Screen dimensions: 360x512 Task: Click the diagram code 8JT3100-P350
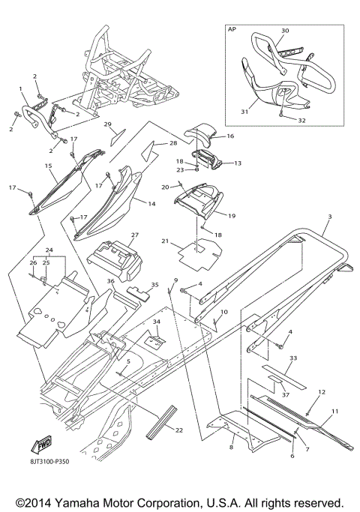coord(48,462)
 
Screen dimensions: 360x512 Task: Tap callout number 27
coord(135,235)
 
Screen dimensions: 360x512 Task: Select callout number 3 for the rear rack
coord(330,217)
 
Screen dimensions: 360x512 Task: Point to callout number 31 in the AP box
coord(244,112)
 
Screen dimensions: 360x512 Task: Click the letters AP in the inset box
coord(232,29)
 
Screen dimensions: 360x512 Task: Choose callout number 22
coord(179,430)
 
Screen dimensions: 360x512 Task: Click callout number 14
coord(151,204)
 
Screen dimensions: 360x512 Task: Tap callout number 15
coord(48,166)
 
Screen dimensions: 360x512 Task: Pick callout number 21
coord(165,241)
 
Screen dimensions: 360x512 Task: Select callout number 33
coord(293,358)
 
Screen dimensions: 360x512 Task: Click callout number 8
coord(231,447)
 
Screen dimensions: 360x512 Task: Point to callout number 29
coord(108,124)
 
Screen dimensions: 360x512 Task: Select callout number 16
coord(230,136)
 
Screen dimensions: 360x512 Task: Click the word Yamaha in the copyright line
coord(77,502)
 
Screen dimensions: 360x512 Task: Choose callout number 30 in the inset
coord(285,31)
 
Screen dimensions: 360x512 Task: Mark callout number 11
coord(334,412)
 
